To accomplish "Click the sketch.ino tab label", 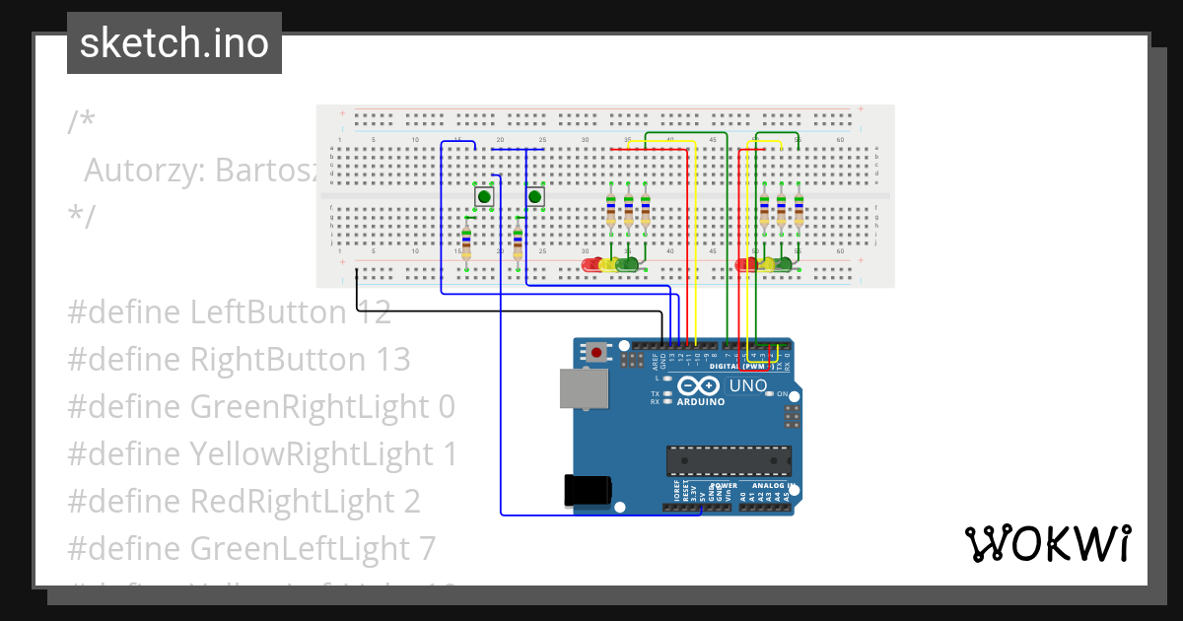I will click(x=174, y=43).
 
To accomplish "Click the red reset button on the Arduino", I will click(x=596, y=351).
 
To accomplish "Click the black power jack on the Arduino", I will click(x=587, y=490).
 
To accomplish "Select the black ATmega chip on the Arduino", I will click(x=729, y=460).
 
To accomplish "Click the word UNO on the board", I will click(x=747, y=385).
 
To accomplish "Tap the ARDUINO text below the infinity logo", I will click(x=701, y=402).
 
